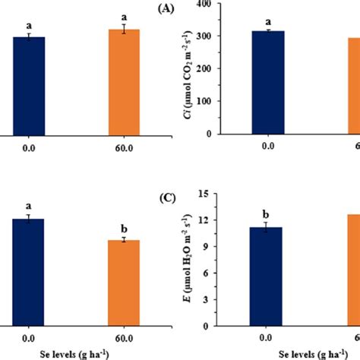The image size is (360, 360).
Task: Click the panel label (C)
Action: (167, 198)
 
